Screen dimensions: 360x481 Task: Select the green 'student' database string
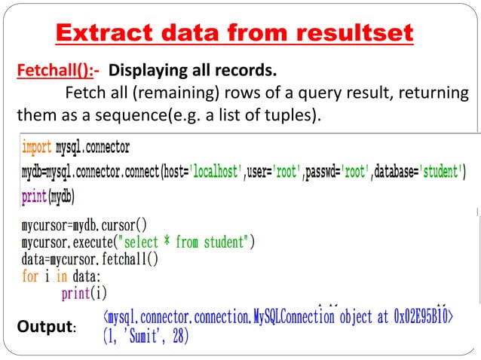click(x=432, y=172)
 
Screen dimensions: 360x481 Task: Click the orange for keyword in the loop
click(x=29, y=276)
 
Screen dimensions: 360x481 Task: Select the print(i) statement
click(x=84, y=292)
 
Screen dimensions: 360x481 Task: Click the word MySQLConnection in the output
click(x=291, y=317)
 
